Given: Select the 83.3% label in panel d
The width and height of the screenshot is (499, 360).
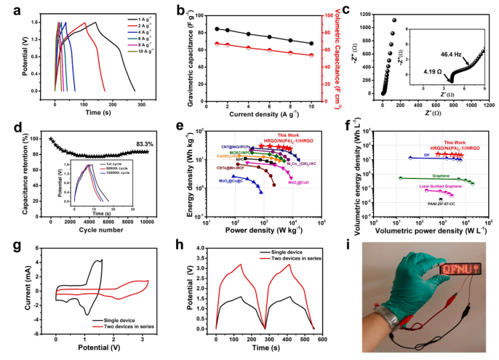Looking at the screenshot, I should coord(137,145).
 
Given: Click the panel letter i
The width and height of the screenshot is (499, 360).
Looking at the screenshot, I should coord(346,242).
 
